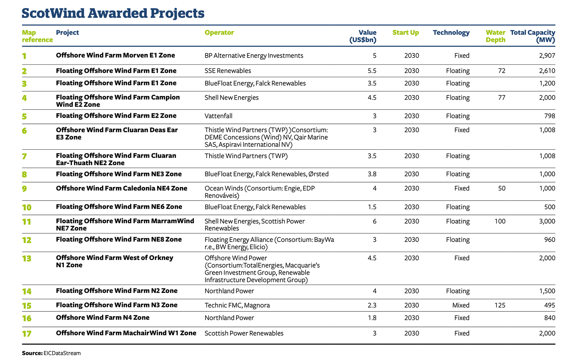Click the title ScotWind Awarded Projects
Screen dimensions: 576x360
coord(113,13)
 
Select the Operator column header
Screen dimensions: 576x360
coord(219,32)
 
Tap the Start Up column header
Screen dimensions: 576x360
coord(405,33)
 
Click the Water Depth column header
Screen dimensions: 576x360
coord(495,36)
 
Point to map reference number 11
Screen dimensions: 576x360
coord(27,222)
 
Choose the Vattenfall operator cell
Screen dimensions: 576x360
coord(218,116)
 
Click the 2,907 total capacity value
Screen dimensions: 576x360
coord(547,55)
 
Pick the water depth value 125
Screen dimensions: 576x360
coord(500,305)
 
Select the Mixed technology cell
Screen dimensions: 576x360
coord(461,305)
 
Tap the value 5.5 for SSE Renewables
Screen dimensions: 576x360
coord(372,71)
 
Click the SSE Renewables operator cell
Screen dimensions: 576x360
coord(228,71)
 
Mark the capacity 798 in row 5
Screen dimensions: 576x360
coord(550,116)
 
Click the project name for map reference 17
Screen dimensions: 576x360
coord(126,333)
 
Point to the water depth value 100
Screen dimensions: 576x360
coord(500,221)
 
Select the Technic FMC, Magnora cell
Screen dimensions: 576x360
coord(237,305)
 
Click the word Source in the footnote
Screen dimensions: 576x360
coord(32,353)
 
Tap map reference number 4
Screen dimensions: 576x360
coord(24,98)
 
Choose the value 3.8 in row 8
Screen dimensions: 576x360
coord(372,174)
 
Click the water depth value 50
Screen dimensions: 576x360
coord(502,189)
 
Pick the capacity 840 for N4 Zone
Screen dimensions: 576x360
coord(550,318)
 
